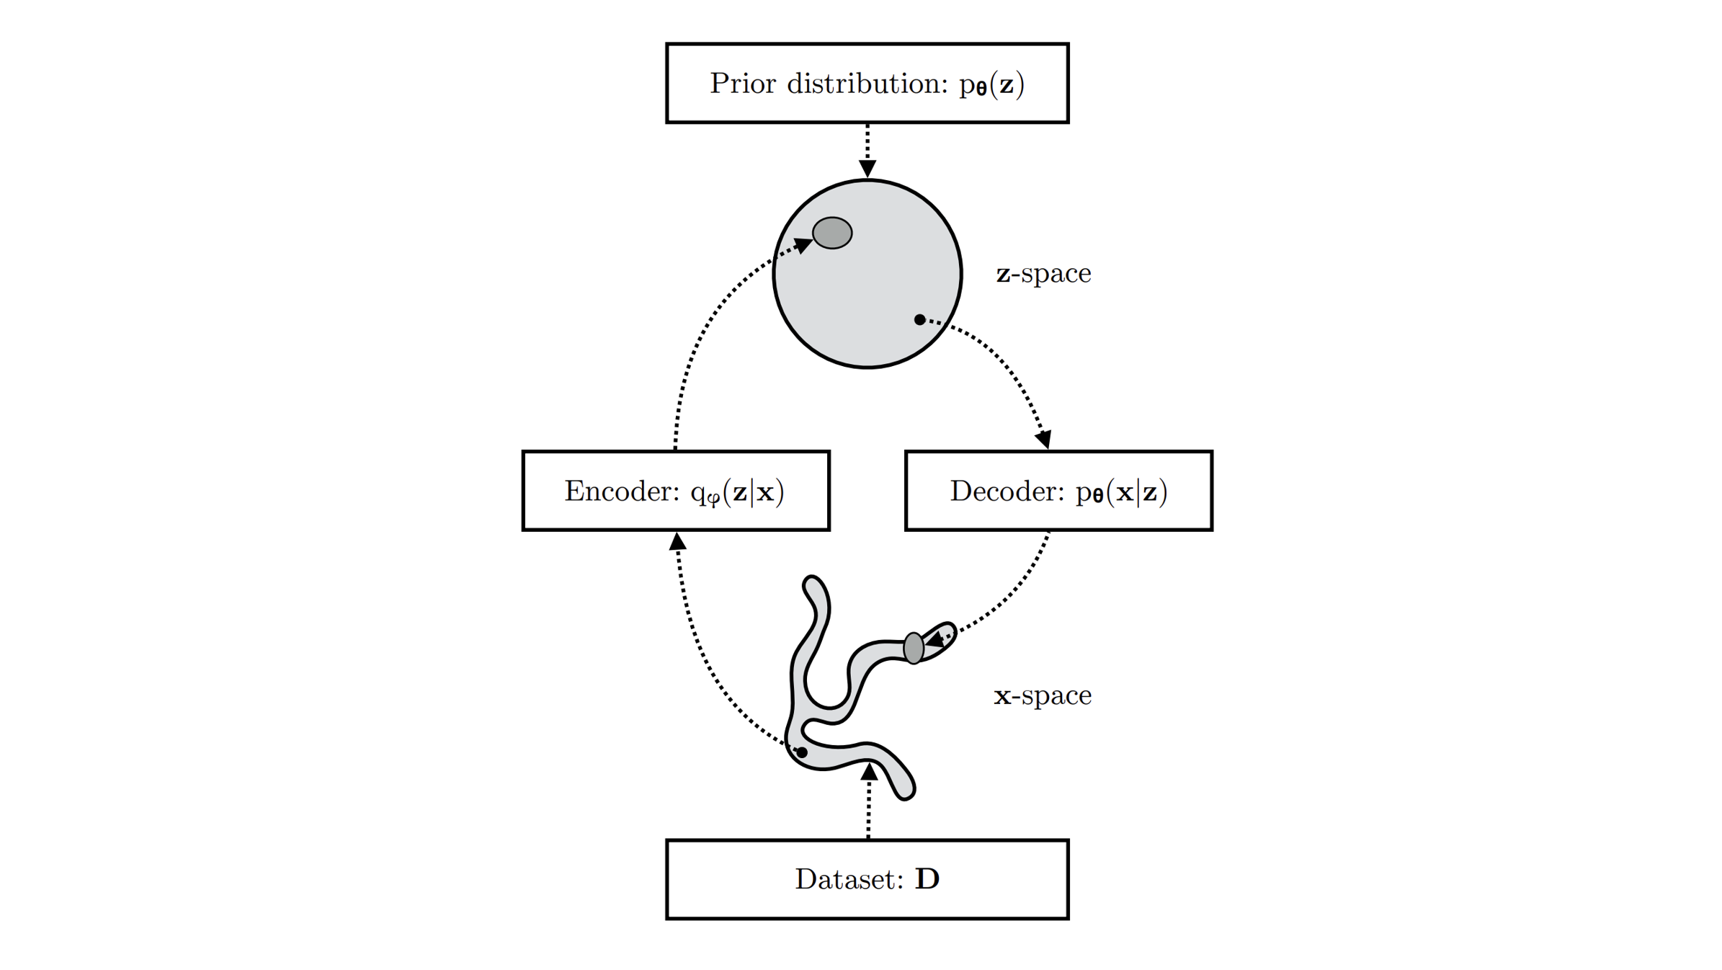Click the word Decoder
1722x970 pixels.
click(x=1007, y=491)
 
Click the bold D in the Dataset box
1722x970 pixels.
click(x=927, y=879)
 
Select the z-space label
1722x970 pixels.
click(x=1043, y=274)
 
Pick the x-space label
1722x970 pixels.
click(x=1043, y=695)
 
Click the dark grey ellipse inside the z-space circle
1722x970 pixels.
click(x=832, y=233)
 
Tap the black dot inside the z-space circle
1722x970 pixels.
click(x=919, y=319)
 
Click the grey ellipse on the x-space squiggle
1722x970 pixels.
click(x=914, y=648)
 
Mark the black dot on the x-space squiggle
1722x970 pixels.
click(x=802, y=752)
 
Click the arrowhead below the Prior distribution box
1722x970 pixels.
click(x=867, y=169)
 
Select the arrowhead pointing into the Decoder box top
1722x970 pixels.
click(x=1044, y=439)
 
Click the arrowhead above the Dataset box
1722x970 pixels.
click(x=870, y=773)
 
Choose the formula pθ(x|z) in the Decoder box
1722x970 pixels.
click(x=1121, y=492)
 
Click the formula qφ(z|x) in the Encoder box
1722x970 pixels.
click(x=737, y=492)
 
